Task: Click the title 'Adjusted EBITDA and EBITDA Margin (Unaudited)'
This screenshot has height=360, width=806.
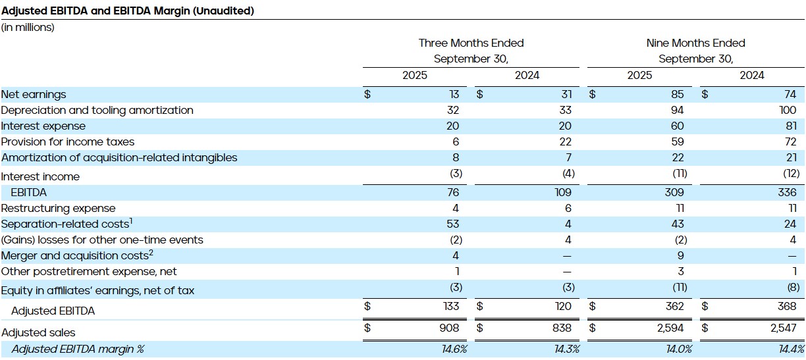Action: (x=128, y=11)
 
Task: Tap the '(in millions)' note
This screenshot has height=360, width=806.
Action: (x=28, y=28)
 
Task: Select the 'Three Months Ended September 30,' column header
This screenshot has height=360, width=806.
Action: (x=471, y=51)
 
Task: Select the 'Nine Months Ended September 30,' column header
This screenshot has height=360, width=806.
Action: (x=695, y=51)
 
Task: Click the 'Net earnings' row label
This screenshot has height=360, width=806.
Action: (x=34, y=95)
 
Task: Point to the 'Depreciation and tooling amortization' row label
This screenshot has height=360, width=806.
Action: (x=97, y=111)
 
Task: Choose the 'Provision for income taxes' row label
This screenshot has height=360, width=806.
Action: (x=67, y=142)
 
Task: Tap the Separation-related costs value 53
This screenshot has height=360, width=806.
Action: (x=452, y=224)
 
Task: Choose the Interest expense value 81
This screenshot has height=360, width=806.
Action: (x=790, y=126)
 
